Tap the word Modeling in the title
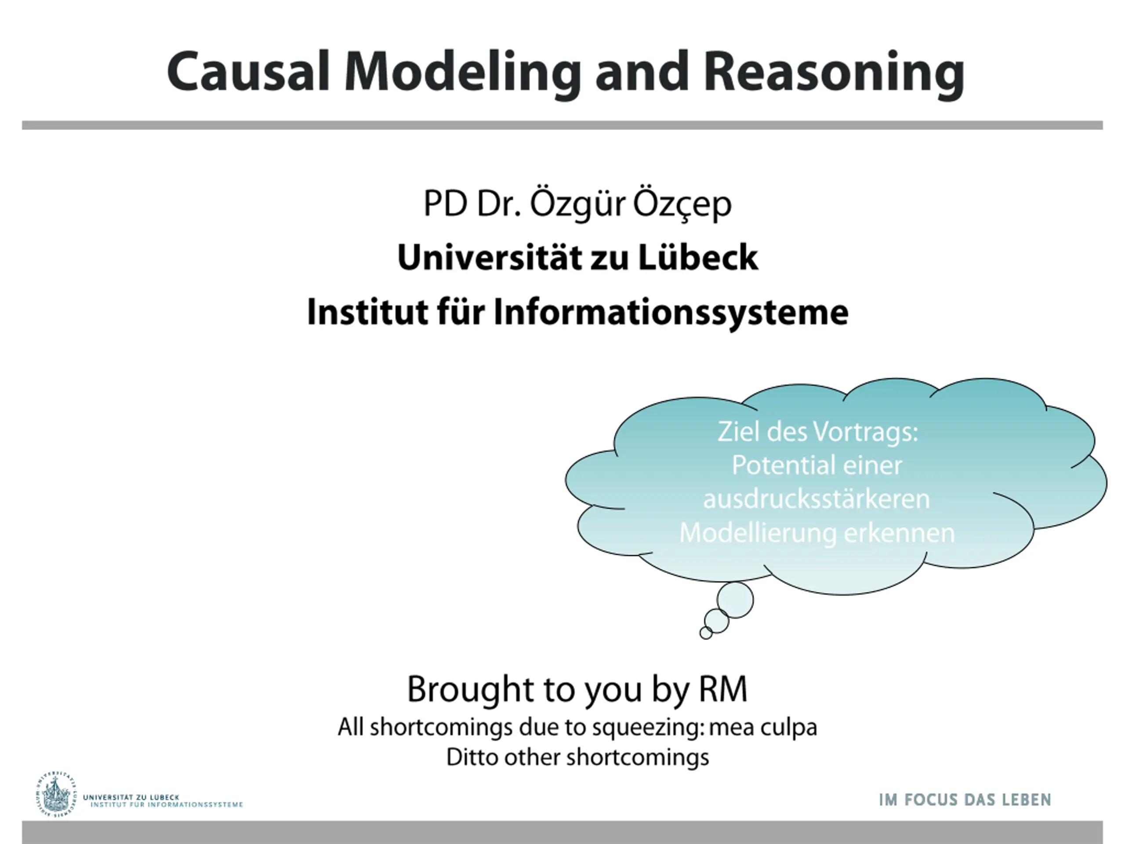[x=463, y=74]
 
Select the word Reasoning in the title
[x=834, y=74]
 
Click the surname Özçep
[x=682, y=204]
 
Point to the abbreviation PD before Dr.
[x=445, y=204]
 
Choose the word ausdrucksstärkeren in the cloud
[x=817, y=498]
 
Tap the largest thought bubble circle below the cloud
[x=735, y=600]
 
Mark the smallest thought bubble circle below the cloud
[x=706, y=633]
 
